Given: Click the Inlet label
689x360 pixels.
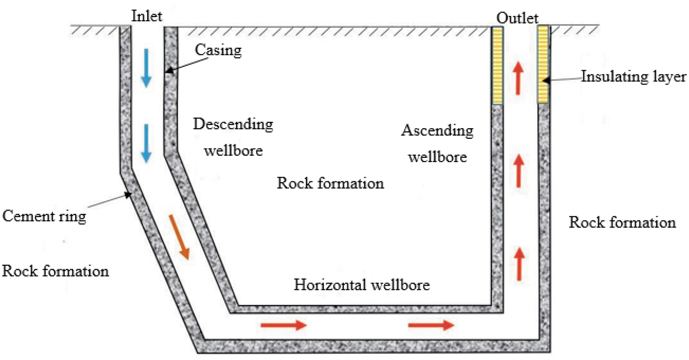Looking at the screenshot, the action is pyautogui.click(x=147, y=16).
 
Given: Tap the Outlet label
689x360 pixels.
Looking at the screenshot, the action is pyautogui.click(x=517, y=18).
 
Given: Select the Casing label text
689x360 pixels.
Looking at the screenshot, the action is pyautogui.click(x=218, y=50).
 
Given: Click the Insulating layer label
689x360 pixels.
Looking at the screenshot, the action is pyautogui.click(x=633, y=77).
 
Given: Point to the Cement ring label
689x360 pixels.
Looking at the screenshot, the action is pyautogui.click(x=44, y=216).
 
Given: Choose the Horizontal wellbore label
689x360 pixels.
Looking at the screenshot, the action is pyautogui.click(x=362, y=285).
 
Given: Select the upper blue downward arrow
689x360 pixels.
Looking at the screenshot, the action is pyautogui.click(x=146, y=68).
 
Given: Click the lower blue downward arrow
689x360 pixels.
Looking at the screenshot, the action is pyautogui.click(x=146, y=144).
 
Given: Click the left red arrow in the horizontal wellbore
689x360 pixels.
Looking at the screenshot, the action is pyautogui.click(x=283, y=325).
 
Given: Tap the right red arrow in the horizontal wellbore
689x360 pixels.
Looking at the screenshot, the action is pyautogui.click(x=431, y=325).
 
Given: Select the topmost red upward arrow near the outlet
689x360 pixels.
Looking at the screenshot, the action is pyautogui.click(x=518, y=78).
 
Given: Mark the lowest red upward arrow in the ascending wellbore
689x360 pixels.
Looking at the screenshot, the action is pyautogui.click(x=519, y=264).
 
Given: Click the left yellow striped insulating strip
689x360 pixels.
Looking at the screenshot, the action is pyautogui.click(x=497, y=65).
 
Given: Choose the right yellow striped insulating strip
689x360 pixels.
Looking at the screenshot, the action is pyautogui.click(x=543, y=65).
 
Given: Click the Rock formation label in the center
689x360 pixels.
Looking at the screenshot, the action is pyautogui.click(x=330, y=183).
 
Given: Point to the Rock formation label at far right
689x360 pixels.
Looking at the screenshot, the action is pyautogui.click(x=622, y=222).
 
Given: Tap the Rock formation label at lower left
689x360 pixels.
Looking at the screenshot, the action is pyautogui.click(x=56, y=271).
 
